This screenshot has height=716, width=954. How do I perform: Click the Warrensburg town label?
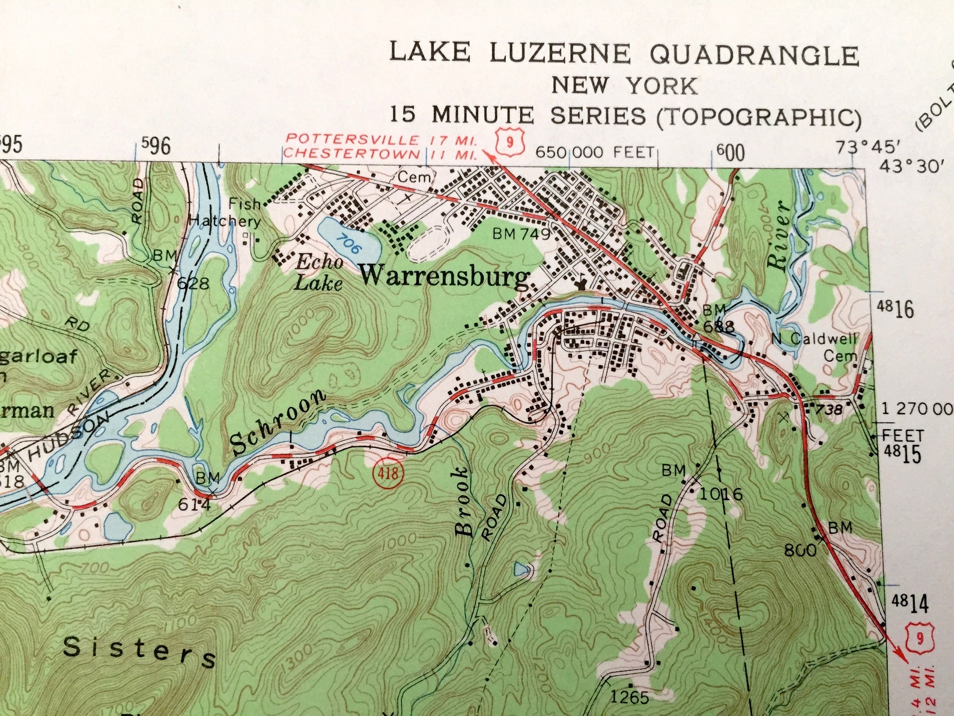[445, 277]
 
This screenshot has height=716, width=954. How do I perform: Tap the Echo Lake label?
[319, 272]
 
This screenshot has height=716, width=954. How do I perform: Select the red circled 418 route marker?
[387, 473]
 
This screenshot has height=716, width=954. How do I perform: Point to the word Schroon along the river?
[278, 423]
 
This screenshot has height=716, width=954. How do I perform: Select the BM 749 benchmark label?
[521, 234]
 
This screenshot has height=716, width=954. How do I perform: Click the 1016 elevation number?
[721, 494]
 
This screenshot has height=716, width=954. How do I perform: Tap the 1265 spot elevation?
[629, 697]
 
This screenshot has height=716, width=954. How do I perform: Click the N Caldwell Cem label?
[815, 347]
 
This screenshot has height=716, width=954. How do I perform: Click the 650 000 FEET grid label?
[594, 153]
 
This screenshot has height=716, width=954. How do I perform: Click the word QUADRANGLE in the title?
[754, 55]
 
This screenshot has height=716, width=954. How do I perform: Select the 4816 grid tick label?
[895, 309]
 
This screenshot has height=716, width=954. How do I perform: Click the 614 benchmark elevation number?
[194, 504]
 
